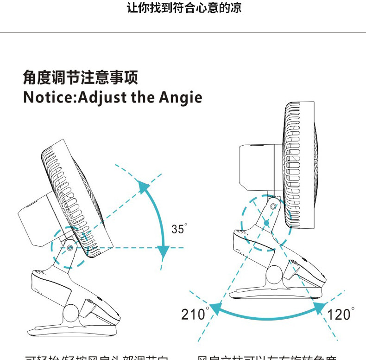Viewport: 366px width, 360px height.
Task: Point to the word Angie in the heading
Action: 181,98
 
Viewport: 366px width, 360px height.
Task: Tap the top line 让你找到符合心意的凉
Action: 184,8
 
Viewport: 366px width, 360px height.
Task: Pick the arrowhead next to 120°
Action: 320,306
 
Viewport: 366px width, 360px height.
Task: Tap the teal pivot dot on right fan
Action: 266,223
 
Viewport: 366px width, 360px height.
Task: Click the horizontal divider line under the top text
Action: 183,32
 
